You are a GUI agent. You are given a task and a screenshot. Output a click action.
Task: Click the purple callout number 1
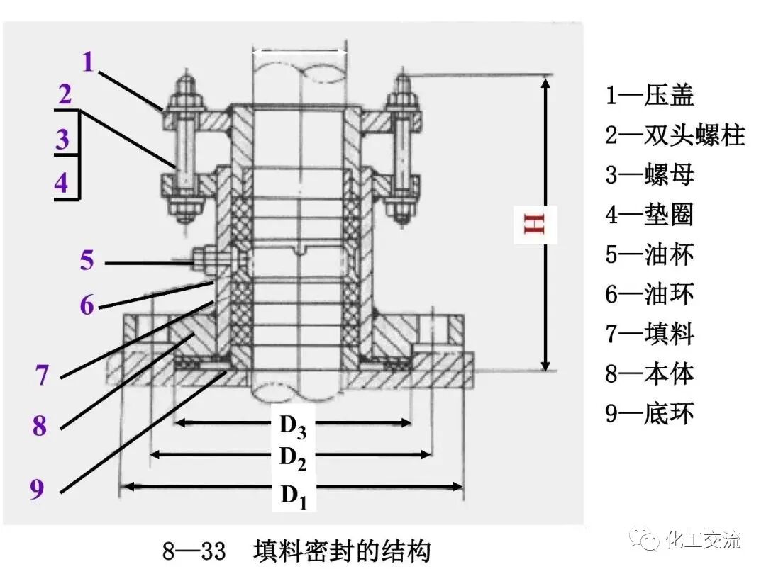coord(87,62)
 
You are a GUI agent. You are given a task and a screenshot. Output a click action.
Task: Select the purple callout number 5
coord(87,260)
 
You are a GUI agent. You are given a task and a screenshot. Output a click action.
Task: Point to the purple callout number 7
coord(43,375)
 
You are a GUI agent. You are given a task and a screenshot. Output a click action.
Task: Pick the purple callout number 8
coord(40,426)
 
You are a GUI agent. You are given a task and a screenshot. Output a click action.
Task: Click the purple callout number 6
coord(87,305)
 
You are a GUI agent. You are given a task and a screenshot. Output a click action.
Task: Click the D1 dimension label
coord(292,495)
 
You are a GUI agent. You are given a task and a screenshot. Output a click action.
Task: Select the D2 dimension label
coord(292,457)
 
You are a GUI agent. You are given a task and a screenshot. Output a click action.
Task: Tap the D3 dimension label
coord(292,425)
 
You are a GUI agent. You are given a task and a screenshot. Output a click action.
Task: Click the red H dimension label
coord(535,224)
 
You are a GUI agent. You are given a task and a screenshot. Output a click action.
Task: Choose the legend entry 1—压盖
coord(649,95)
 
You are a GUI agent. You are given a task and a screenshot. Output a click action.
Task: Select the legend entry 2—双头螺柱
coord(675,135)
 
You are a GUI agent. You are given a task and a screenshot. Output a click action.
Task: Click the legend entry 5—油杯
coord(649,254)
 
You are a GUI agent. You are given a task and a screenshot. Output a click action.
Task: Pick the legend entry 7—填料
coord(649,333)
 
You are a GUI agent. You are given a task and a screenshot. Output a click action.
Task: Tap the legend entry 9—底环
coord(649,412)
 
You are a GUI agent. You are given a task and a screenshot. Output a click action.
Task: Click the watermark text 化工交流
coord(703,540)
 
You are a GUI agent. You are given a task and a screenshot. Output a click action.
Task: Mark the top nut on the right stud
coord(404,99)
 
